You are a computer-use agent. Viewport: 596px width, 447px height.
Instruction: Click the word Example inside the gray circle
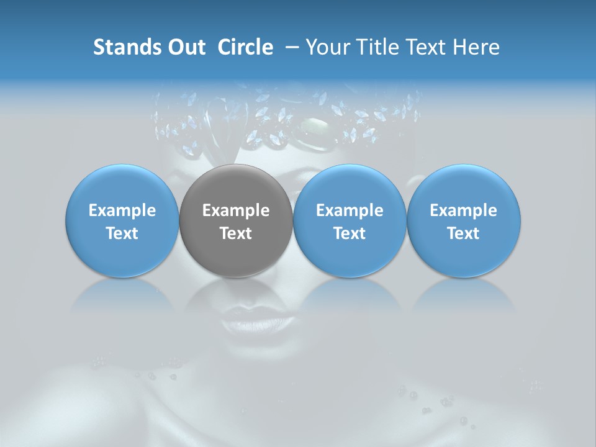pos(236,210)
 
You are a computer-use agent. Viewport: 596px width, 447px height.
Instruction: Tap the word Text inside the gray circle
pos(236,233)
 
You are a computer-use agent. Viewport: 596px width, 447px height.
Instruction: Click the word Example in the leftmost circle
pos(122,210)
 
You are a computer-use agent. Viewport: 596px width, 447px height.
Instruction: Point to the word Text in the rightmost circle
pos(464,233)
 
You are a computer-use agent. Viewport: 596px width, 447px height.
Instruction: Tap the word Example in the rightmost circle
pos(464,210)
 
